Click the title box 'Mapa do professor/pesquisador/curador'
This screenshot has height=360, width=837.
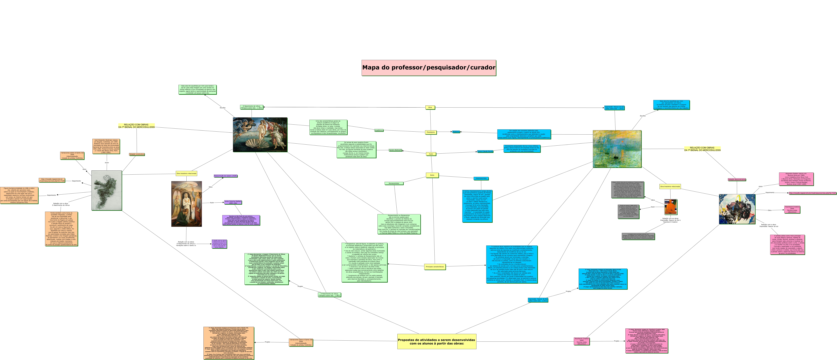point(429,68)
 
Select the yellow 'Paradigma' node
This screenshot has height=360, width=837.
point(431,132)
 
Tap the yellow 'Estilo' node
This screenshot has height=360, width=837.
point(432,175)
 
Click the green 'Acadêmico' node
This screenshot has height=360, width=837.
point(379,130)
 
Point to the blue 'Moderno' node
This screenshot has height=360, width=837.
point(456,132)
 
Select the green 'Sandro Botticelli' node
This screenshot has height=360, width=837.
point(395,150)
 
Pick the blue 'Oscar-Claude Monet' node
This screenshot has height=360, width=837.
point(485,151)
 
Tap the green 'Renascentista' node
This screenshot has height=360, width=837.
point(394,183)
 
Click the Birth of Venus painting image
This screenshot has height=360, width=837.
point(260,134)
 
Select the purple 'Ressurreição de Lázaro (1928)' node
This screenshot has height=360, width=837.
point(225,176)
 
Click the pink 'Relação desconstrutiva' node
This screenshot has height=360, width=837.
point(737,179)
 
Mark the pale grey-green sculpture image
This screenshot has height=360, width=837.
point(107,190)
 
